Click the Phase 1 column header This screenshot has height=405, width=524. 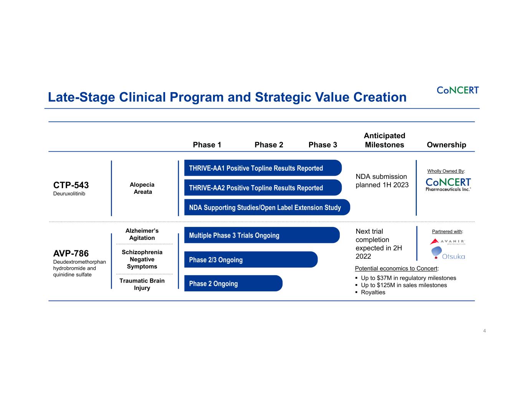[207, 145]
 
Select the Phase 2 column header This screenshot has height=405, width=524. [269, 145]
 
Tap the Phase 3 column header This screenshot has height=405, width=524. [322, 145]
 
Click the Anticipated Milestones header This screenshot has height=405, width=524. [384, 140]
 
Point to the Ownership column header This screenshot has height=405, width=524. [446, 145]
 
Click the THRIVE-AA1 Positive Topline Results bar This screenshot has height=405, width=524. [263, 168]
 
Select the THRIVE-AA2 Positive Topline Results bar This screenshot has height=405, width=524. [263, 188]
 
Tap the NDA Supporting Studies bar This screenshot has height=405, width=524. [267, 207]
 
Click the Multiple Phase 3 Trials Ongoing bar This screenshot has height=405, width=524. [261, 235]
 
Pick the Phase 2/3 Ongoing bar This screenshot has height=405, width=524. [251, 260]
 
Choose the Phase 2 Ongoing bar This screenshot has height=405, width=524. [233, 284]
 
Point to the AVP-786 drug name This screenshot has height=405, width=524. [71, 253]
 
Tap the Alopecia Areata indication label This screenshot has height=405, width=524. [142, 188]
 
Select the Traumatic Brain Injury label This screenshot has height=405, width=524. [142, 284]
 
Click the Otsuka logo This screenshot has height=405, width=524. [448, 253]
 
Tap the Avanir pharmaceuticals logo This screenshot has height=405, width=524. [448, 241]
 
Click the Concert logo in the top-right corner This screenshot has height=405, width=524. [458, 90]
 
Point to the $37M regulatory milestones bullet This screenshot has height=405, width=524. [408, 278]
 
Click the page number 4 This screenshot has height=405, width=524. [484, 331]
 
